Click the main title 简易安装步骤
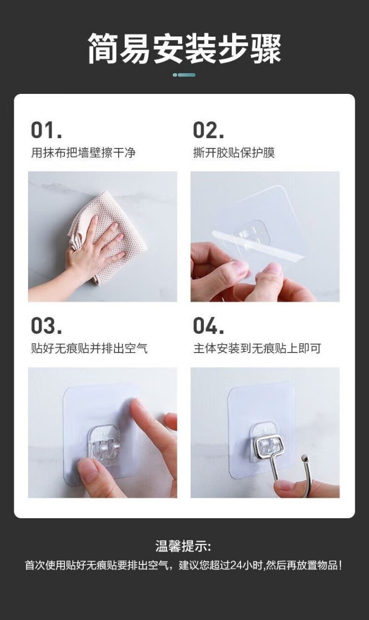[x=184, y=48]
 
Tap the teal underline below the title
[x=184, y=75]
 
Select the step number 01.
[x=46, y=130]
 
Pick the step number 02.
[x=208, y=130]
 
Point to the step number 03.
[x=46, y=325]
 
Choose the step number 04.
[x=208, y=325]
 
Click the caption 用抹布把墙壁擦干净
[x=83, y=152]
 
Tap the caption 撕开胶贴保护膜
[x=234, y=152]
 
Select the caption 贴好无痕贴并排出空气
[x=89, y=348]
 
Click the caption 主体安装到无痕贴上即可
[x=257, y=348]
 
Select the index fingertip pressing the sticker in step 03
[x=134, y=404]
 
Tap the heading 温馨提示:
[x=183, y=547]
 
